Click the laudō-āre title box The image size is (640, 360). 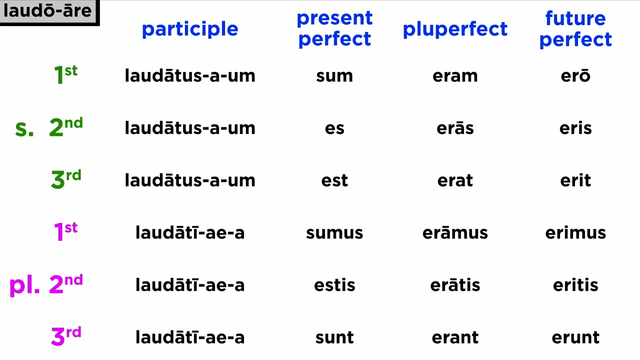(x=49, y=12)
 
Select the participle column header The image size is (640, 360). (x=190, y=29)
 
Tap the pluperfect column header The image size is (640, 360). (x=455, y=29)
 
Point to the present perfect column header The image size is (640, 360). (x=334, y=28)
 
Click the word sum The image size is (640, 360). (x=334, y=76)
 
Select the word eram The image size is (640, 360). (x=455, y=76)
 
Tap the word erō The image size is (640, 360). (x=575, y=75)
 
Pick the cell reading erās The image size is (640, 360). (x=455, y=127)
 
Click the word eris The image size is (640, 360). (x=575, y=127)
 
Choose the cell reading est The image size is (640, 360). (x=334, y=180)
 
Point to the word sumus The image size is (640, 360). (x=334, y=233)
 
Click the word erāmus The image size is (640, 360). (x=455, y=232)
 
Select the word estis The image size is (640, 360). (x=334, y=284)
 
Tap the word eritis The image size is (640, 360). (x=575, y=284)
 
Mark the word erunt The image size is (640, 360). (x=575, y=337)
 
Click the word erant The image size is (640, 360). (x=455, y=337)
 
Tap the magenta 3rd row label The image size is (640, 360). (x=66, y=336)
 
